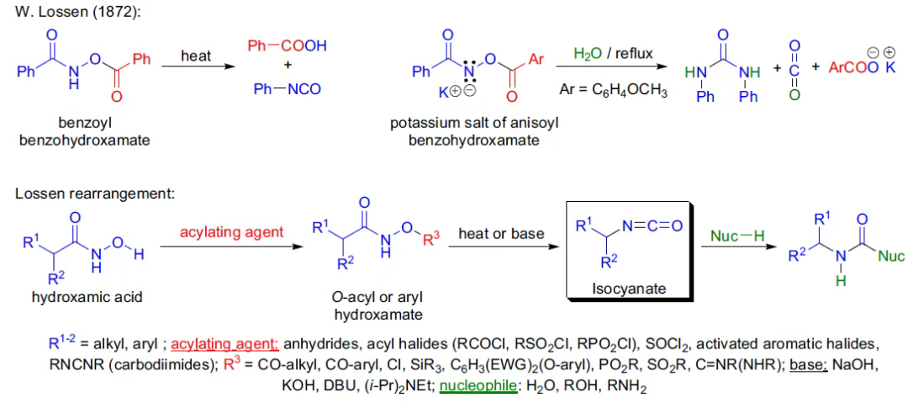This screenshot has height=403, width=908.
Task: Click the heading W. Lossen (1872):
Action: (67, 13)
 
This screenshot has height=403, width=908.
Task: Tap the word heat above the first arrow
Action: (196, 56)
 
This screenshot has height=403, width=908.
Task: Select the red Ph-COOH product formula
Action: (287, 45)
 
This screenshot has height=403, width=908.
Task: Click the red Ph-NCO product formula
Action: (287, 89)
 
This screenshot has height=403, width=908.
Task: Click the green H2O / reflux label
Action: (613, 54)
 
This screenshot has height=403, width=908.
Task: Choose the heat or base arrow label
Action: (501, 233)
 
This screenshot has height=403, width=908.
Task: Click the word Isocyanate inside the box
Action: (629, 289)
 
